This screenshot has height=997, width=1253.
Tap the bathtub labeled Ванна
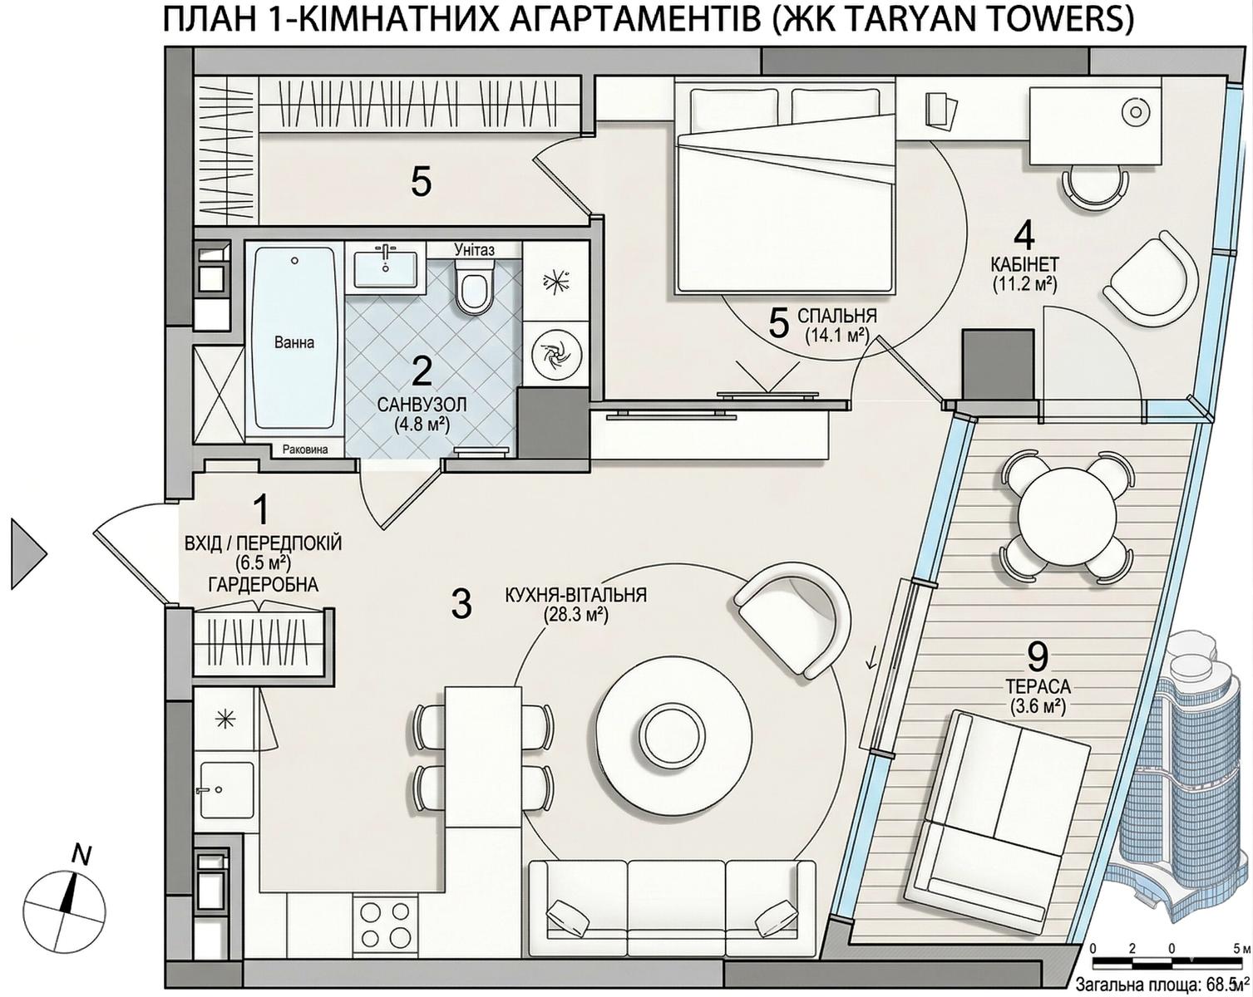(x=294, y=342)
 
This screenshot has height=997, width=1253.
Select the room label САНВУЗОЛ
(x=422, y=403)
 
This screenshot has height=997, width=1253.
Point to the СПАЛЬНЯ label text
(x=836, y=316)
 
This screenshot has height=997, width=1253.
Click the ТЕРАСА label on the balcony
(x=1038, y=686)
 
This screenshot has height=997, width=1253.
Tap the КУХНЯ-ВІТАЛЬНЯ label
(x=576, y=596)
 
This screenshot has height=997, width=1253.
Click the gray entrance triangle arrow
(x=28, y=554)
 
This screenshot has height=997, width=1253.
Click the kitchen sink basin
(x=226, y=790)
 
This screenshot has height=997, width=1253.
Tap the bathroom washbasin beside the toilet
(x=386, y=267)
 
